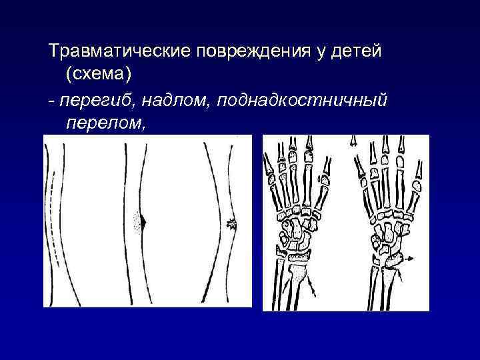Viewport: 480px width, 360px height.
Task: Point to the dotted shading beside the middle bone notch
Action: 138,222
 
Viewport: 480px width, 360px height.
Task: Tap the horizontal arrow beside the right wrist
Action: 411,257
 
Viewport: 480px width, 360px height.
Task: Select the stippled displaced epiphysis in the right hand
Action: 393,257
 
